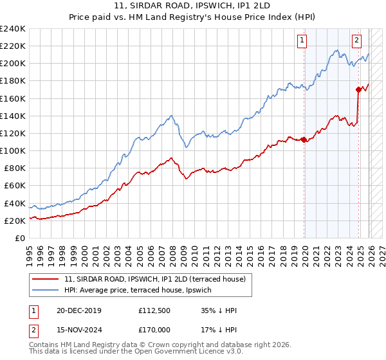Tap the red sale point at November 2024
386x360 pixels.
pyautogui.click(x=358, y=89)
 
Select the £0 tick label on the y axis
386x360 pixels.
pyautogui.click(x=19, y=238)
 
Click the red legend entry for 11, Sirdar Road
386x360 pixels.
pyautogui.click(x=154, y=279)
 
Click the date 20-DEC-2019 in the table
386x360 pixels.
pyautogui.click(x=78, y=310)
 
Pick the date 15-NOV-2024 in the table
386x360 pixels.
pyautogui.click(x=78, y=330)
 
